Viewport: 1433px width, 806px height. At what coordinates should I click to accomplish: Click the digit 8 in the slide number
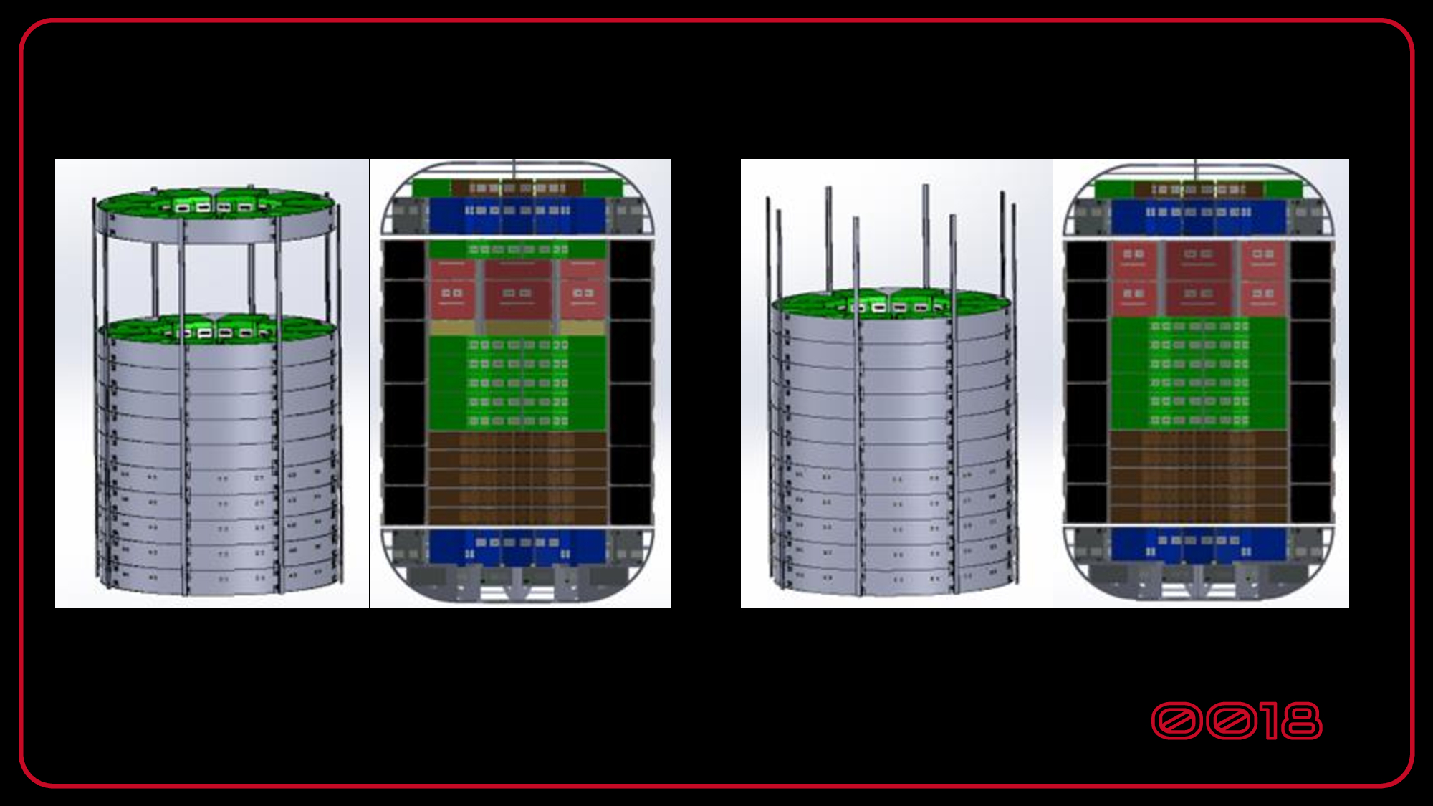click(x=1301, y=721)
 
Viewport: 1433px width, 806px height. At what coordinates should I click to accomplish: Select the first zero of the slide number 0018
click(x=1176, y=721)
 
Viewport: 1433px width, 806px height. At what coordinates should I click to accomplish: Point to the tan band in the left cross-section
click(x=516, y=327)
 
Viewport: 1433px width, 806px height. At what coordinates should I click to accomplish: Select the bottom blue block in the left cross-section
click(x=516, y=546)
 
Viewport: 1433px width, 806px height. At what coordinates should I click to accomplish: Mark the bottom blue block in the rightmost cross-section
click(x=1198, y=544)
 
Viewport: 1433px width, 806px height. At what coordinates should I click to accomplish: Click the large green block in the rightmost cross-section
click(x=1198, y=373)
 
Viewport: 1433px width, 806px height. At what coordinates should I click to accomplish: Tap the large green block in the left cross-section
click(x=516, y=383)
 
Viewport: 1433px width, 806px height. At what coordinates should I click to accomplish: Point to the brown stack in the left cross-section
click(x=516, y=476)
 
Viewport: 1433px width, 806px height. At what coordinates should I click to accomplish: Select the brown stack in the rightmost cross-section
click(x=1198, y=476)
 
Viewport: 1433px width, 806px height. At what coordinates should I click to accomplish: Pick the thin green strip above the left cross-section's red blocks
click(x=516, y=249)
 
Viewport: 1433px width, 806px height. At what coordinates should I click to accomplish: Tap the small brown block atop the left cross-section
click(x=516, y=188)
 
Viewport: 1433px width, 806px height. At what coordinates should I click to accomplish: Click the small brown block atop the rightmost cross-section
click(x=1198, y=189)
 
